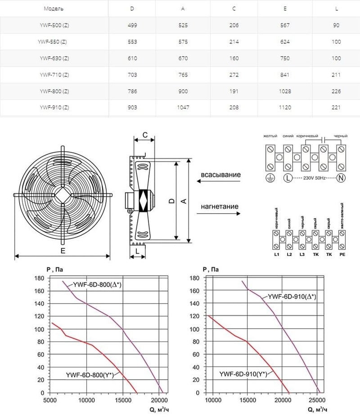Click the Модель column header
pos(54,9)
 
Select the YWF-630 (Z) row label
pos(54,58)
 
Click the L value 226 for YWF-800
pos(336,91)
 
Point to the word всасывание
pos(220,175)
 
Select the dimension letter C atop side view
pos(145,135)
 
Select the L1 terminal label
pos(277,255)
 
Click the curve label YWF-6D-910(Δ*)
pos(292,296)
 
